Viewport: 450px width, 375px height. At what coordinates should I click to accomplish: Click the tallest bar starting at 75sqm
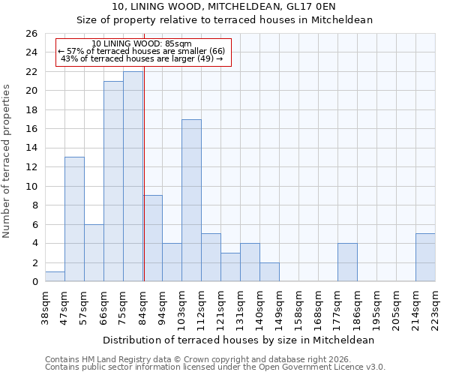point(133,176)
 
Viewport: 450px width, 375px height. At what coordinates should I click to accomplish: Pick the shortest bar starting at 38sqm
point(55,277)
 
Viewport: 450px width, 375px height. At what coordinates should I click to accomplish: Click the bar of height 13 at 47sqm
point(74,219)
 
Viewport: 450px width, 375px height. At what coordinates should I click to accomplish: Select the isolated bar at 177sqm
point(347,262)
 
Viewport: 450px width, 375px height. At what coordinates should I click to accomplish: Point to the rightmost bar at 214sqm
point(425,257)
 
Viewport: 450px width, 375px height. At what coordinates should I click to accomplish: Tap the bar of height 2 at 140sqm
point(269,272)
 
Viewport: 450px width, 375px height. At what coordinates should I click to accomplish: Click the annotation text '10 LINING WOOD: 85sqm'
point(142,43)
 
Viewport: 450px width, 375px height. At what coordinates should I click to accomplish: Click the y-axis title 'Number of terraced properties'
point(7,161)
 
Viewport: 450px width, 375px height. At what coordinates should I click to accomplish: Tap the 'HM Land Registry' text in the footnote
point(112,359)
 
